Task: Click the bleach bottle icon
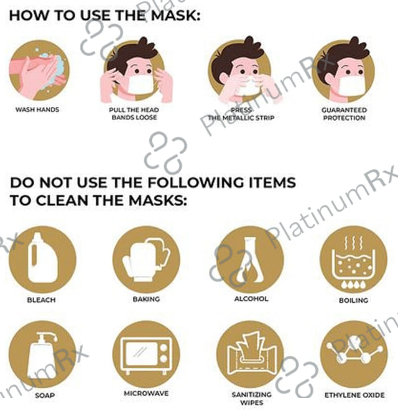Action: click(x=43, y=259)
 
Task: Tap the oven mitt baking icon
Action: click(x=146, y=259)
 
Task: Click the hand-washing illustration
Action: click(x=39, y=70)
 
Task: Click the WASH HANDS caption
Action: click(x=37, y=109)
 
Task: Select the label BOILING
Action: click(x=354, y=300)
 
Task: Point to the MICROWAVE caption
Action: click(x=146, y=393)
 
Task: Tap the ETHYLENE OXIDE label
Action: click(x=354, y=395)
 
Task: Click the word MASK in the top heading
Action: click(x=175, y=15)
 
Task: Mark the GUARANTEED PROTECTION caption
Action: click(x=344, y=114)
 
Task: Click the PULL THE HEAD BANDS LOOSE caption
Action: click(x=134, y=114)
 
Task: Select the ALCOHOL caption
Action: click(x=251, y=299)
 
